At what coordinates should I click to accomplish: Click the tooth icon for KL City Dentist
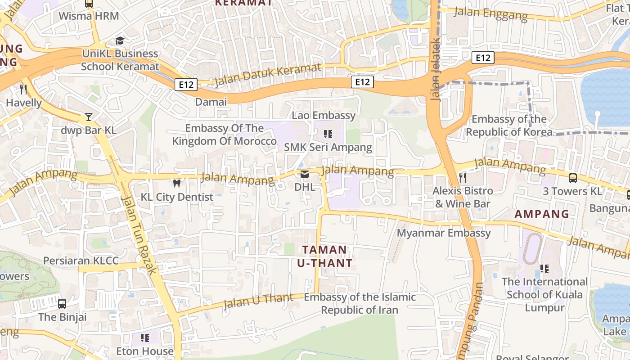pos(177,184)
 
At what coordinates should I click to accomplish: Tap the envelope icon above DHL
pos(305,174)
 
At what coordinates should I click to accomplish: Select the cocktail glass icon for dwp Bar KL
pos(89,117)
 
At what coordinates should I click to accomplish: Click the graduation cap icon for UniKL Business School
pos(120,40)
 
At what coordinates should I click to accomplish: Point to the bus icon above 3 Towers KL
pos(572,178)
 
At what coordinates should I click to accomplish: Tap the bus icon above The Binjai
pos(62,304)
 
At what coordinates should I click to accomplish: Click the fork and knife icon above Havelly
pos(23,90)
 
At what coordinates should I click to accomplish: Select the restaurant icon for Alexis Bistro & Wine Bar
pos(462,177)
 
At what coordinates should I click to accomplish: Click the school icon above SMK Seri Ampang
pos(328,134)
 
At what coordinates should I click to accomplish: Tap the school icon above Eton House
pos(144,337)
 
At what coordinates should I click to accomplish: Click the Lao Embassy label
pos(324,115)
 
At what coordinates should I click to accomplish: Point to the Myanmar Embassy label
pos(443,233)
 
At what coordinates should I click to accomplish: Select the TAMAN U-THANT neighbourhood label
pos(324,256)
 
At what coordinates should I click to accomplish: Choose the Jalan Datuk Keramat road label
pos(268,75)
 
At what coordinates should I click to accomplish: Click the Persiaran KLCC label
pos(81,261)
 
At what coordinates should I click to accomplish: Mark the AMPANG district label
pos(541,214)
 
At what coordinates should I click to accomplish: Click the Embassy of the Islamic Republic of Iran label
pos(360,303)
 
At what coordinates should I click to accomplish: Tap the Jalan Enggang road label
pos(490,14)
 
